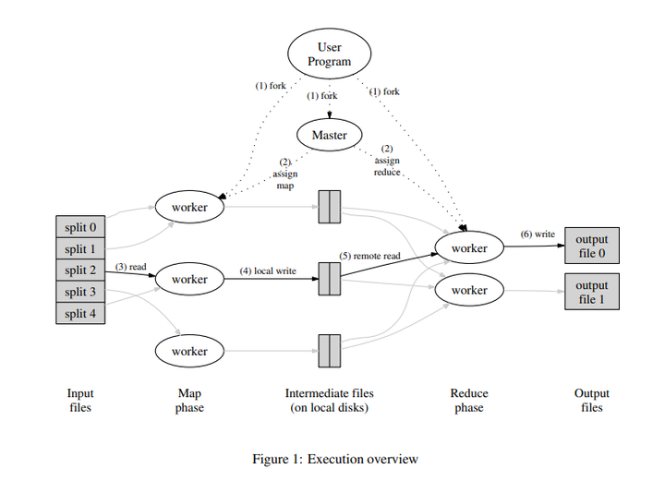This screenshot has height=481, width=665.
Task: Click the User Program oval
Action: click(330, 54)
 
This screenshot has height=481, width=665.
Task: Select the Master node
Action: click(330, 135)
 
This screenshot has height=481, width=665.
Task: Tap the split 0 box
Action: click(80, 227)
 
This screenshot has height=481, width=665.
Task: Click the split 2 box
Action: click(80, 271)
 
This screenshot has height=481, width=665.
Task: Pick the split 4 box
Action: click(80, 313)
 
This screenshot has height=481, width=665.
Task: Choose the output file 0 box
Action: click(592, 247)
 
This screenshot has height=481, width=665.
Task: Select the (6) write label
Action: click(538, 234)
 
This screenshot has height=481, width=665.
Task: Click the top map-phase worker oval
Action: click(189, 207)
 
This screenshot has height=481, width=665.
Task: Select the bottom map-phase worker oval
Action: click(189, 352)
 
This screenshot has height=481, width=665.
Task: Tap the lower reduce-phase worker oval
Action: click(468, 291)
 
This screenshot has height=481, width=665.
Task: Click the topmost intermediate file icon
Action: click(330, 207)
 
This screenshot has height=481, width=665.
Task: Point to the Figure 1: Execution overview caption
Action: click(335, 459)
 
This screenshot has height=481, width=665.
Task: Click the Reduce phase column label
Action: click(468, 400)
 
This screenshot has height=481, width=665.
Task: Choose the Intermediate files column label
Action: click(330, 400)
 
